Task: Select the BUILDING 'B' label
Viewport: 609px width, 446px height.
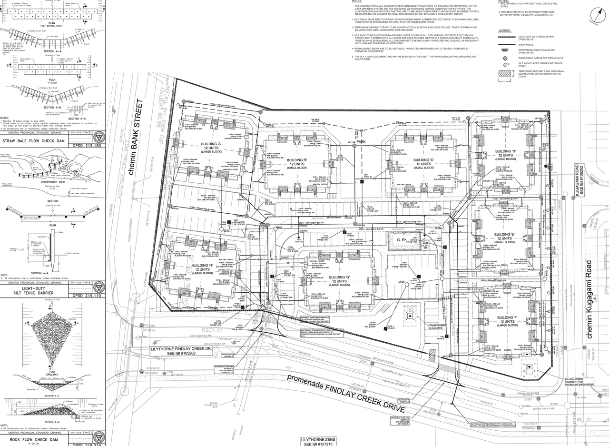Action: click(298, 160)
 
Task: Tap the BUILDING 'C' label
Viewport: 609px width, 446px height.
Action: click(423, 160)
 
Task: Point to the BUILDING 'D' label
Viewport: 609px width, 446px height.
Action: click(505, 151)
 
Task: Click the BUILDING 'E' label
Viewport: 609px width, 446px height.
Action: click(504, 235)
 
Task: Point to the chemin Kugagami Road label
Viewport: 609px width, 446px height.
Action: click(589, 299)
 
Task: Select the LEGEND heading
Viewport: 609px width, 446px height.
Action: click(505, 30)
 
